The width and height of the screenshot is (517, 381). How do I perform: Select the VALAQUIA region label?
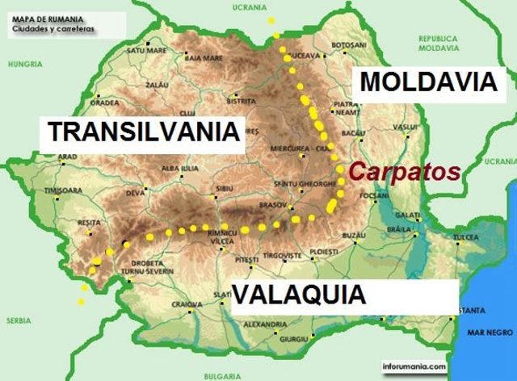(x=300, y=295)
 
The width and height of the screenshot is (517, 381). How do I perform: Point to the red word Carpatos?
(x=404, y=171)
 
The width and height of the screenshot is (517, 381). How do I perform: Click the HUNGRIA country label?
(x=27, y=64)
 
